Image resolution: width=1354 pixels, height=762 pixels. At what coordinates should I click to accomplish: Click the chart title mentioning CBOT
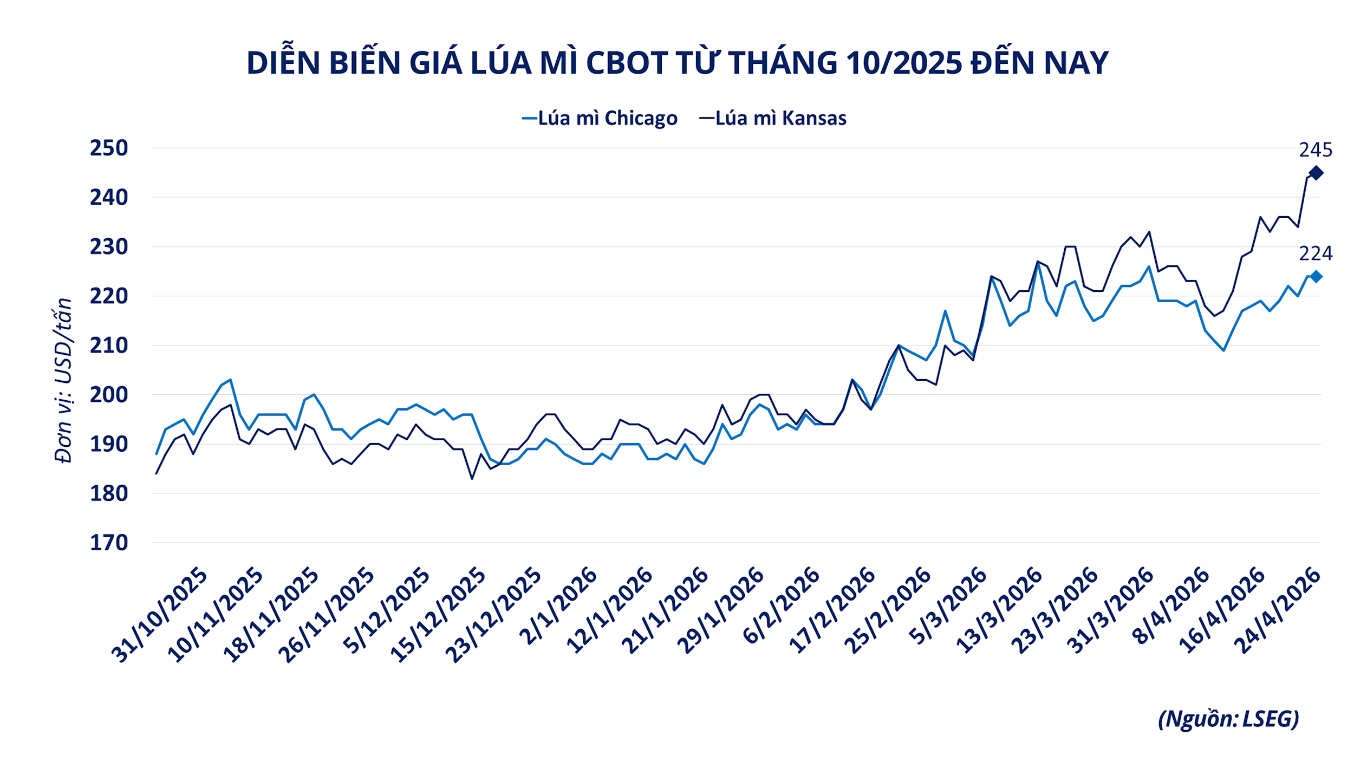(x=677, y=63)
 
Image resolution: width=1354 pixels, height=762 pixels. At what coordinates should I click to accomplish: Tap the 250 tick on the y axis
(x=109, y=148)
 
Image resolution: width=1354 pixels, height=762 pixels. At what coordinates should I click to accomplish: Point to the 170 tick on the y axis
(x=109, y=543)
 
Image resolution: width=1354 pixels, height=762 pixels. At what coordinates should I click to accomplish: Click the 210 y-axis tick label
(x=109, y=345)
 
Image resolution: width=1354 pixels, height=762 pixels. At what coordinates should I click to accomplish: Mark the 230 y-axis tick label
(x=109, y=246)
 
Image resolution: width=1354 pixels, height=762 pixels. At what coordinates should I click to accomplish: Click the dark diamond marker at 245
(x=1316, y=173)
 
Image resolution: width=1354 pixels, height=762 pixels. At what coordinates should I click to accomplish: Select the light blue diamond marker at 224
(x=1316, y=277)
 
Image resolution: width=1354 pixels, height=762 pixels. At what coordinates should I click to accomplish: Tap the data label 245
(x=1316, y=150)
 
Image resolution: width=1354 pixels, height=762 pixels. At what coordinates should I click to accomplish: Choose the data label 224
(x=1316, y=253)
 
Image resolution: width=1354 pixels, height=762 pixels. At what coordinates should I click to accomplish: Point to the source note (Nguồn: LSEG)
(x=1228, y=719)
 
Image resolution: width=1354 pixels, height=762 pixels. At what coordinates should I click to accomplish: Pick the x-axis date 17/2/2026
(x=832, y=611)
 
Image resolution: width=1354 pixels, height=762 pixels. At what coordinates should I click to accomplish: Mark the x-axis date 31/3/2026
(x=1110, y=611)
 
